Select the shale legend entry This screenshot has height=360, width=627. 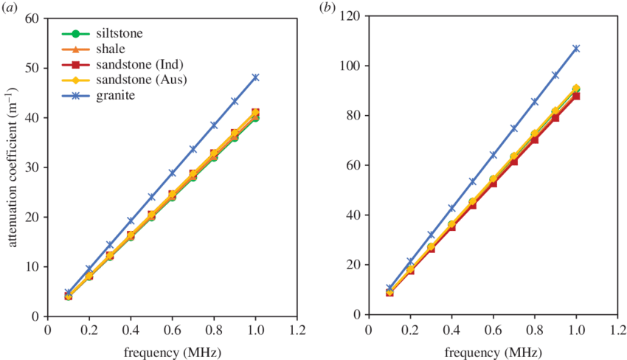tap(111, 49)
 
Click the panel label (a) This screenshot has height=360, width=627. tap(10, 8)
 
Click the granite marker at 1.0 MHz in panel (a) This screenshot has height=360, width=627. tap(256, 77)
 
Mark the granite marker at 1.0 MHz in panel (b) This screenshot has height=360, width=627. tap(576, 49)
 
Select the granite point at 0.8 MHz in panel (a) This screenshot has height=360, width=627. tap(214, 126)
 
